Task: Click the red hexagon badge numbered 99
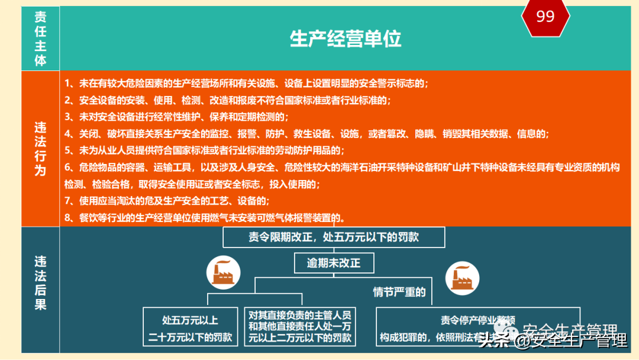click(x=545, y=17)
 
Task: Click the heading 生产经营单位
click(x=346, y=39)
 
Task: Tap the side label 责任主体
click(x=40, y=38)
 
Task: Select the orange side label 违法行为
click(x=40, y=148)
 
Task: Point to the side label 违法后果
click(x=40, y=283)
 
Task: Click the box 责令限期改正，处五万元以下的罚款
click(x=334, y=237)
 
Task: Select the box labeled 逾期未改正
click(x=334, y=263)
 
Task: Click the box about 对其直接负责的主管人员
click(x=300, y=326)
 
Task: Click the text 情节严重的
click(x=399, y=292)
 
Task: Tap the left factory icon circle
click(x=222, y=272)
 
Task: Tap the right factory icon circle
click(x=463, y=277)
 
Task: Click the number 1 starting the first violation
click(x=68, y=83)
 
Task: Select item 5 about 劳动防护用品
click(x=204, y=150)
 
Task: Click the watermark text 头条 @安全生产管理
click(x=553, y=340)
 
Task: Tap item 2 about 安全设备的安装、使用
click(x=228, y=100)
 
